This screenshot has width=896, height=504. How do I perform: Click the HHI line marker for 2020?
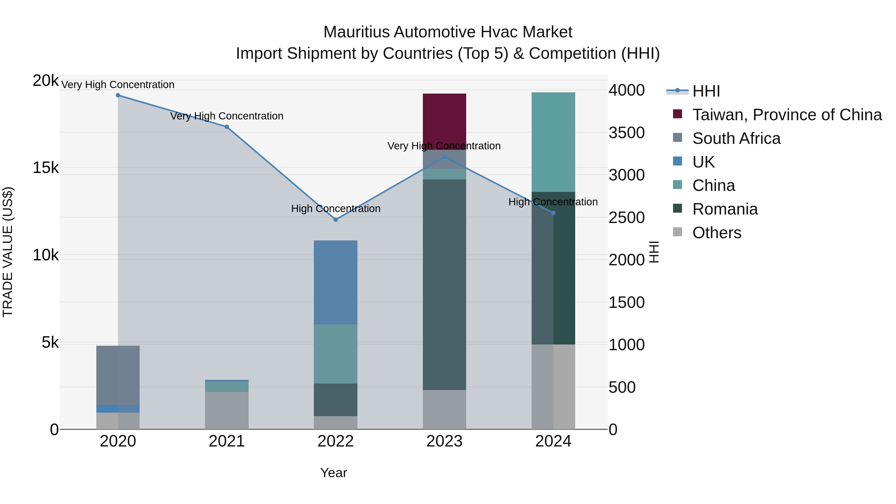(x=118, y=95)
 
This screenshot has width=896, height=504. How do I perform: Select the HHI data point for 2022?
(x=336, y=220)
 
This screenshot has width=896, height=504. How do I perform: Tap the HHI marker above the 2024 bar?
(x=553, y=213)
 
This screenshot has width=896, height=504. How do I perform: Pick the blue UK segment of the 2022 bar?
(x=336, y=282)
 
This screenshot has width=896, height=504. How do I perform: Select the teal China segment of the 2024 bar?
(x=553, y=142)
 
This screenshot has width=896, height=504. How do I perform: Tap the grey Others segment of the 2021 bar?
(x=227, y=410)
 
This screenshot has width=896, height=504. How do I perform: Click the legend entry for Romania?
(x=725, y=209)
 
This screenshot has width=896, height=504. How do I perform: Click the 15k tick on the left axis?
(x=46, y=168)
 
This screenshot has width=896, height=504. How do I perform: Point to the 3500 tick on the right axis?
(x=626, y=133)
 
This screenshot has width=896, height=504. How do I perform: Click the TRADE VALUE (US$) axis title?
(x=8, y=252)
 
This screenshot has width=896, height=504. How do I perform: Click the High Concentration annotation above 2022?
(x=336, y=209)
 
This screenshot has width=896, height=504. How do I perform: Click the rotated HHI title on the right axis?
(x=654, y=252)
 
